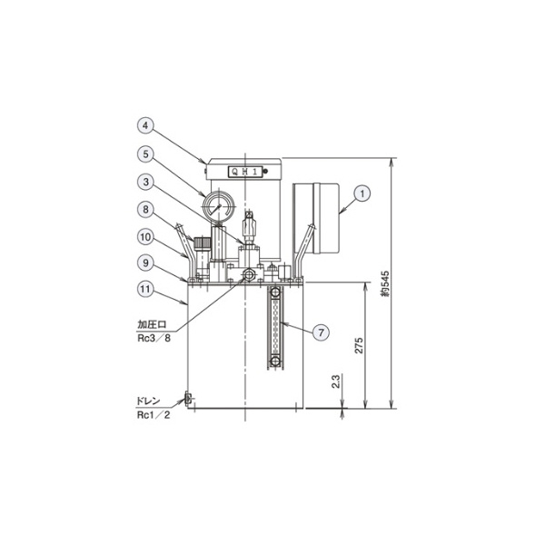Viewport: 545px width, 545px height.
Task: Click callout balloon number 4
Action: [145, 125]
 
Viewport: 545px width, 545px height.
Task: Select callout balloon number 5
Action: [145, 154]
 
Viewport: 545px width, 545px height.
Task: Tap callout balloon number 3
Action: [145, 183]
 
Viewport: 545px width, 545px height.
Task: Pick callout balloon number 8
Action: [145, 210]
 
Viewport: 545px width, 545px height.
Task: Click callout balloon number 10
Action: [145, 237]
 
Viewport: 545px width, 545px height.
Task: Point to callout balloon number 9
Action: [145, 263]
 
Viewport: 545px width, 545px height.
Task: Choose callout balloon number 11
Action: [145, 289]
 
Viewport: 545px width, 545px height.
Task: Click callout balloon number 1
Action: [362, 193]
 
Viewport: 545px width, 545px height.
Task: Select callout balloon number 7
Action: [321, 332]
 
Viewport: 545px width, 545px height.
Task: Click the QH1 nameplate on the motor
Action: [244, 172]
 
